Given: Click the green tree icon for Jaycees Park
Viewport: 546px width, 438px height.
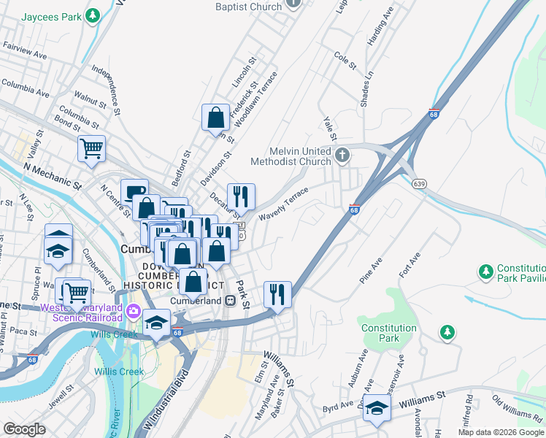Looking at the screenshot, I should click(x=92, y=15).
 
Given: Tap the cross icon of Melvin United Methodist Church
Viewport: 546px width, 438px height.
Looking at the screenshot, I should click(x=343, y=155).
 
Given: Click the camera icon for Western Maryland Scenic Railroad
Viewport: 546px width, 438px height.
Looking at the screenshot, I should click(x=133, y=312).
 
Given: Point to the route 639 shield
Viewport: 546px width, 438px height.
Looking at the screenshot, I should click(x=419, y=183).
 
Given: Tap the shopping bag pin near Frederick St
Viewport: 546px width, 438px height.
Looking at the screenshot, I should click(x=216, y=117).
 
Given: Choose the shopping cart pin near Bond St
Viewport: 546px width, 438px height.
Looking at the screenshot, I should click(x=92, y=148).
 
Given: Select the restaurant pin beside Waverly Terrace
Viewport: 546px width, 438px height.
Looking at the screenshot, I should click(x=241, y=196).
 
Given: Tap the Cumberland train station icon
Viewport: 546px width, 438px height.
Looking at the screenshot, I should click(x=229, y=300).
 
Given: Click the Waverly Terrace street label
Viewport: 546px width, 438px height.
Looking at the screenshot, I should click(x=282, y=205).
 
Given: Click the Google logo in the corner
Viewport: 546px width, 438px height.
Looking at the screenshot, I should click(x=24, y=429).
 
